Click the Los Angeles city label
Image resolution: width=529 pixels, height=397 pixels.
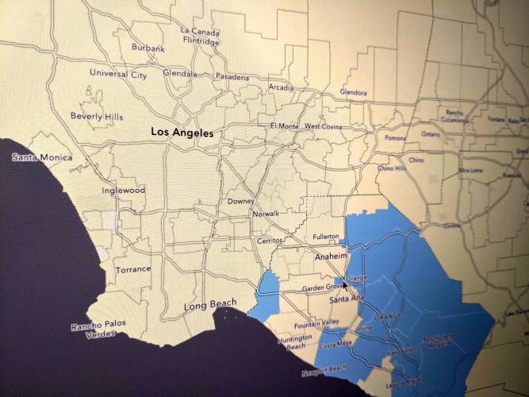tap(182, 133)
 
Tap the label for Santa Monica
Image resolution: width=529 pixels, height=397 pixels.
tap(41, 157)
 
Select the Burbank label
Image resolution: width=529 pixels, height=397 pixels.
tap(148, 48)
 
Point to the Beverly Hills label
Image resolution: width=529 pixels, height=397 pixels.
tap(97, 116)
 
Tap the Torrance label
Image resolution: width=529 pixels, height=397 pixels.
tap(132, 269)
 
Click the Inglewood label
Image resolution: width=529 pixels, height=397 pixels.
tap(123, 191)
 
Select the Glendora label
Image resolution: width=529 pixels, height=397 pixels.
tap(353, 93)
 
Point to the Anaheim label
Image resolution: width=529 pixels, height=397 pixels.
tap(332, 256)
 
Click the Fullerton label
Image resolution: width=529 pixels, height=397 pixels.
tap(325, 237)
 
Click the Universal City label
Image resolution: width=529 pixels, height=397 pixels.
tap(118, 74)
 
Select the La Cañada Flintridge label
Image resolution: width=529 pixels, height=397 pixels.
tap(200, 36)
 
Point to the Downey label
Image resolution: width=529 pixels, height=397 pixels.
tap(240, 202)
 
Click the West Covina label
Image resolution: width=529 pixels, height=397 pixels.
tap(321, 126)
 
